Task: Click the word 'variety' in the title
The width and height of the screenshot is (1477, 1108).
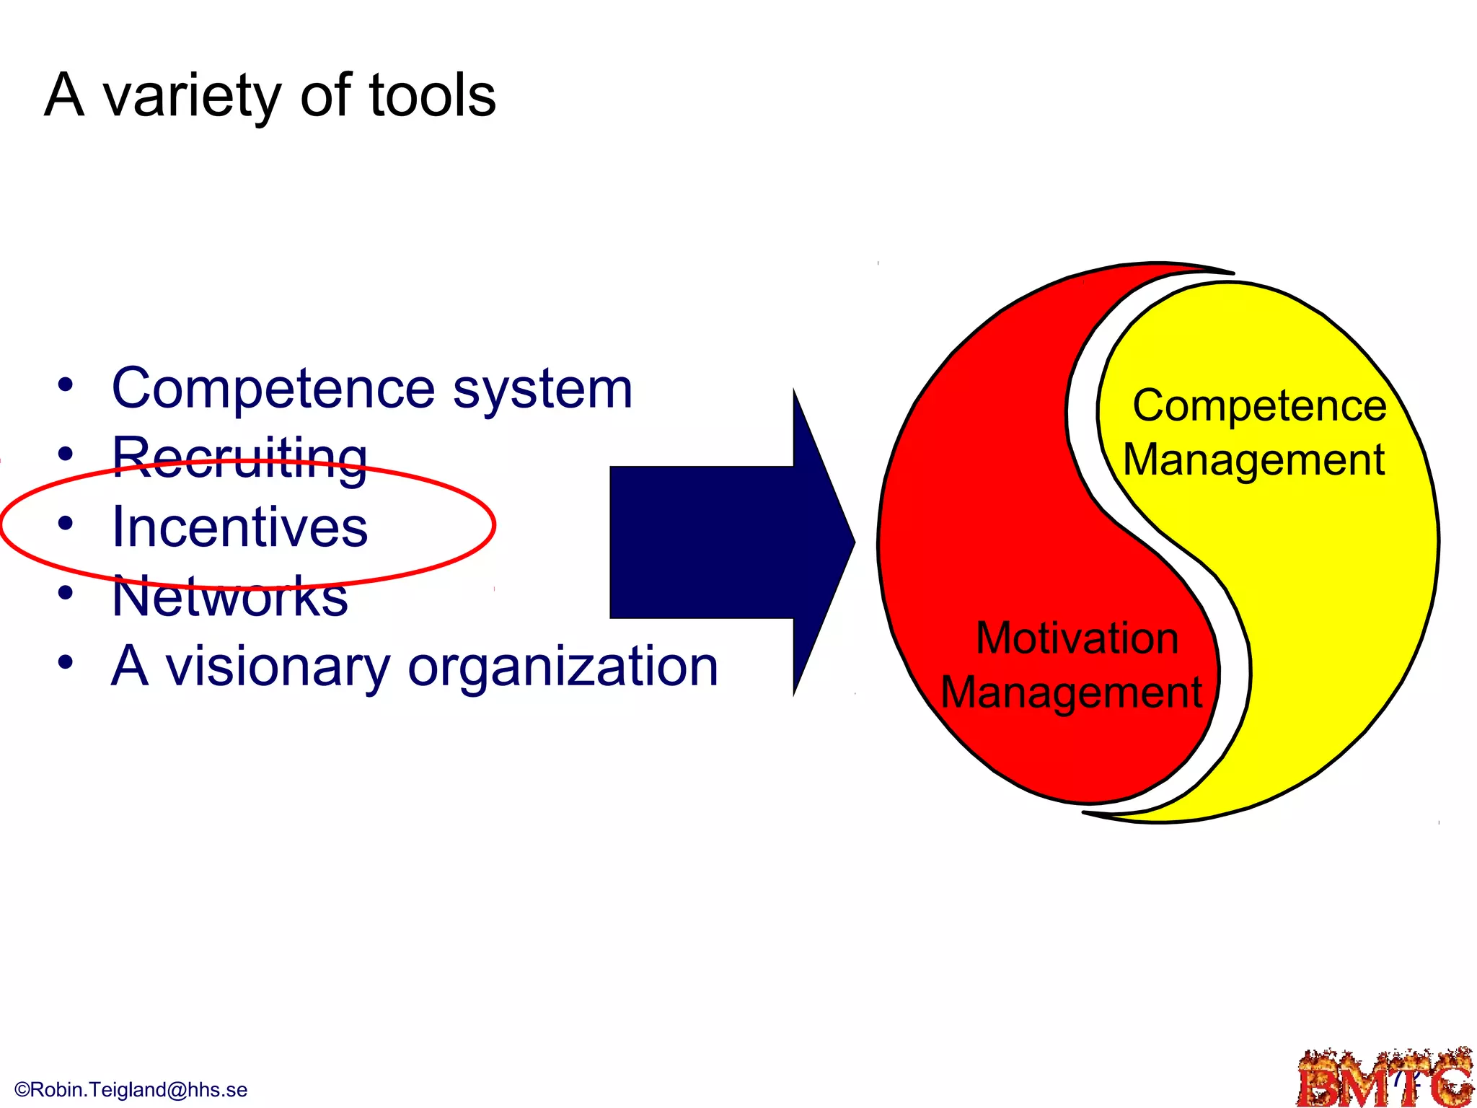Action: click(x=190, y=97)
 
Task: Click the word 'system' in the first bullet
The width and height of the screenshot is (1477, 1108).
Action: click(x=542, y=390)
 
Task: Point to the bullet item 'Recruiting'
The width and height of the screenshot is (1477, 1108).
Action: click(x=239, y=457)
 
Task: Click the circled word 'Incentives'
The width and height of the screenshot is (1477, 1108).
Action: click(x=239, y=527)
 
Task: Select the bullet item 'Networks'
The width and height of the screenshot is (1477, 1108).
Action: click(x=229, y=597)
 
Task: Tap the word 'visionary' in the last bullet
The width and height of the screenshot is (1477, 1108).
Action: click(x=278, y=667)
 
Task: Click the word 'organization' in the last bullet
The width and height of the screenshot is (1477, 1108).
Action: click(x=563, y=668)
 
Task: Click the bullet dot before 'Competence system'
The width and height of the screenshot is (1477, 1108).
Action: click(x=66, y=385)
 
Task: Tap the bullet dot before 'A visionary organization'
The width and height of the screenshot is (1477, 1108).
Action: click(x=66, y=662)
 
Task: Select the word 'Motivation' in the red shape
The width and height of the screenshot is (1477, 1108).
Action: click(x=1077, y=638)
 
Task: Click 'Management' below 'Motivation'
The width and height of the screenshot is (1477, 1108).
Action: click(x=1071, y=693)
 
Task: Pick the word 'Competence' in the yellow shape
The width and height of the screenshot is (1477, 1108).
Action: click(x=1258, y=405)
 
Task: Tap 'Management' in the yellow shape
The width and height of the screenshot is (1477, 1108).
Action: click(x=1253, y=460)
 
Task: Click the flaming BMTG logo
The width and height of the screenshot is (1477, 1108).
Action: click(x=1385, y=1079)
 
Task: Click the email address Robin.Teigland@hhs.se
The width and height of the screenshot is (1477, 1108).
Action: click(x=131, y=1089)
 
